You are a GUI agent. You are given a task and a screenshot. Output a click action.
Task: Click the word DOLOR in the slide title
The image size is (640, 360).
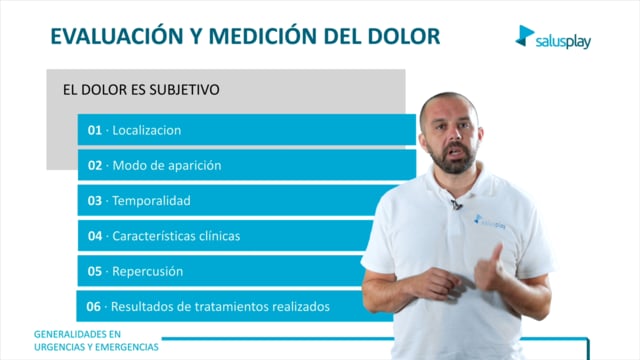[x=403, y=36]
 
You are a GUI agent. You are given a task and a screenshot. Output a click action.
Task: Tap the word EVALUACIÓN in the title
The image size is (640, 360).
[x=116, y=35]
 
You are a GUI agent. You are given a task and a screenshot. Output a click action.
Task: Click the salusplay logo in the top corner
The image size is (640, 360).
[x=553, y=37]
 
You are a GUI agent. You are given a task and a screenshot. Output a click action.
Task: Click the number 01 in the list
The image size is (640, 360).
[x=95, y=130]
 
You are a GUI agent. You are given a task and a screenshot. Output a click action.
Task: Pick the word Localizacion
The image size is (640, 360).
[x=147, y=130]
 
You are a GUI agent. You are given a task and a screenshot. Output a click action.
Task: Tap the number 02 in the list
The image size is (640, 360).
[x=95, y=165]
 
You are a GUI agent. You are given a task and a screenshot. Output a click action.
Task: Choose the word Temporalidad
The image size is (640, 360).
[x=151, y=200]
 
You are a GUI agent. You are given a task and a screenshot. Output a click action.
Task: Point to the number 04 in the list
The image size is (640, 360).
[x=95, y=236]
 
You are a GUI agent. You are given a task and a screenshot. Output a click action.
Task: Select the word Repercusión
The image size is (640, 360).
[x=147, y=271]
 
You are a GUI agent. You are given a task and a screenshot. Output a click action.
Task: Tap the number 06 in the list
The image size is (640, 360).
[x=93, y=307]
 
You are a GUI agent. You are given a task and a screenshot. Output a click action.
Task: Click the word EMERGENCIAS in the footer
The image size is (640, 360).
[x=128, y=347]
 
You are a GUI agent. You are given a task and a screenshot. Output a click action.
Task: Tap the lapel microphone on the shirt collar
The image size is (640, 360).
[x=456, y=205]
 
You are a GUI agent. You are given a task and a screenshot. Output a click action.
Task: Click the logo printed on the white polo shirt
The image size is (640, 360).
[x=489, y=221]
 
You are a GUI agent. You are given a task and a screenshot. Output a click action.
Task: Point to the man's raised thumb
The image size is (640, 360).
[x=496, y=254]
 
